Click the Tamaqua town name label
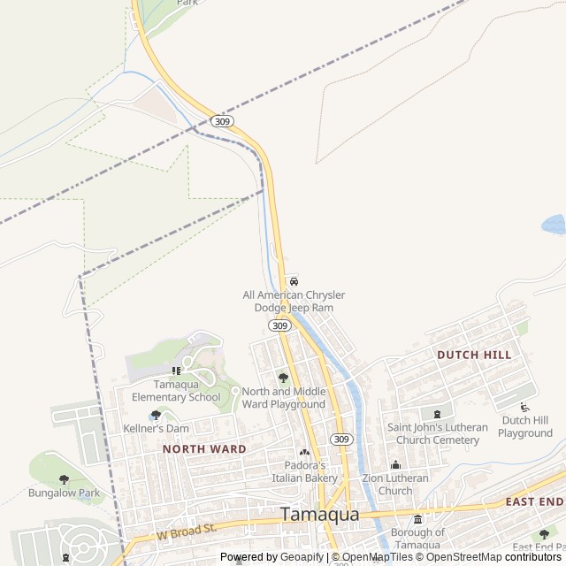[x=320, y=514]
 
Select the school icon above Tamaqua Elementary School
[x=176, y=371]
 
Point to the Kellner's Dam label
[x=156, y=428]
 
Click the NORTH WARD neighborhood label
[x=204, y=449]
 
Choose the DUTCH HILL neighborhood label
[x=474, y=355]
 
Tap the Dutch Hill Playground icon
[x=524, y=407]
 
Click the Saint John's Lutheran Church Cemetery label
[x=437, y=433]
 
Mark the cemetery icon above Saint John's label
[x=436, y=413]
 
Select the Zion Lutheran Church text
[x=395, y=485]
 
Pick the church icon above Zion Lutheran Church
[x=395, y=465]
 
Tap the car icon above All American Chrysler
[x=294, y=280]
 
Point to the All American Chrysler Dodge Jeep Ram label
[x=294, y=301]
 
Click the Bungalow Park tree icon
[x=64, y=479]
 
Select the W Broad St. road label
[x=187, y=530]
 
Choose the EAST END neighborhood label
[x=534, y=501]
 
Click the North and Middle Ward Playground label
[x=284, y=398]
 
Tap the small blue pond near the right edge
[x=554, y=224]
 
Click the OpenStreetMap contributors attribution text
[x=493, y=557]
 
